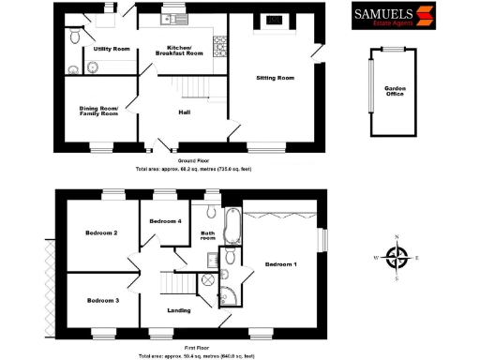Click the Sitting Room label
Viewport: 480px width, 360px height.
pyautogui.click(x=276, y=78)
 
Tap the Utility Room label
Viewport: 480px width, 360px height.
pyautogui.click(x=111, y=49)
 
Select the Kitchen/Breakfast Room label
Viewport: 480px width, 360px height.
pyautogui.click(x=185, y=51)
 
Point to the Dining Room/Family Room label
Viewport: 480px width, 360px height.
pyautogui.click(x=98, y=112)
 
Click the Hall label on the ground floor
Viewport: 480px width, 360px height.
pyautogui.click(x=186, y=112)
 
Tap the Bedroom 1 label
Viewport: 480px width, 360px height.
pyautogui.click(x=281, y=265)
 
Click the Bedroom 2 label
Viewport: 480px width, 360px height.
pyautogui.click(x=101, y=232)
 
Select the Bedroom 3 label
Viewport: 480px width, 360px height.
pyautogui.click(x=102, y=300)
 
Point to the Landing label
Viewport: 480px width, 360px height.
pyautogui.click(x=179, y=310)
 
